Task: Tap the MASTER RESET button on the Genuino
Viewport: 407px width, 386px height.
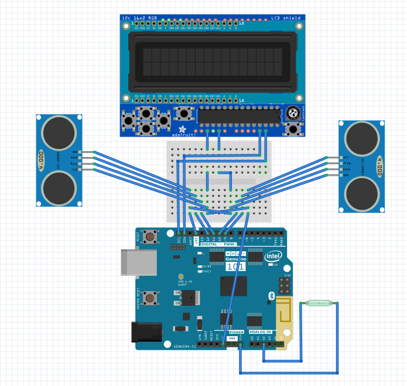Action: [151, 298]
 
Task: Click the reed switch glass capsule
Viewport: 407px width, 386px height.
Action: [319, 303]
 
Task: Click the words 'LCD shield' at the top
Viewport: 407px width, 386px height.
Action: [286, 18]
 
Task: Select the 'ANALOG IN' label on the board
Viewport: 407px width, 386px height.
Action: [261, 332]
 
